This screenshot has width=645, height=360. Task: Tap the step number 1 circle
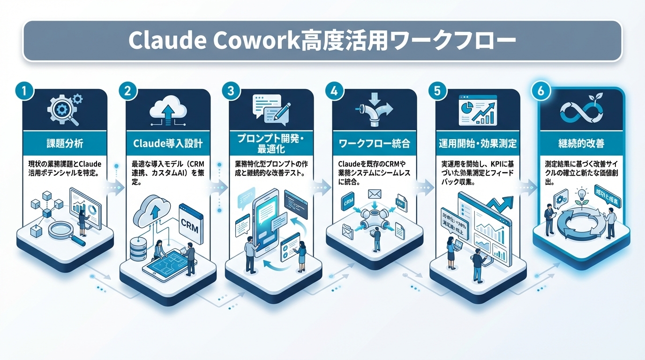tap(24, 91)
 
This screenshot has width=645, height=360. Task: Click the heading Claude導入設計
tap(168, 143)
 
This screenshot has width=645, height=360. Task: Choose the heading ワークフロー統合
tap(374, 143)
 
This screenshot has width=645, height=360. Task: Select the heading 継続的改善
tap(582, 143)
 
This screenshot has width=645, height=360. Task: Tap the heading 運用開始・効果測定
tap(478, 143)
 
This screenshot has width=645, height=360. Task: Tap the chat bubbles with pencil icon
tap(271, 108)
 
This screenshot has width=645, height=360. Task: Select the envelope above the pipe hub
tap(375, 194)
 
